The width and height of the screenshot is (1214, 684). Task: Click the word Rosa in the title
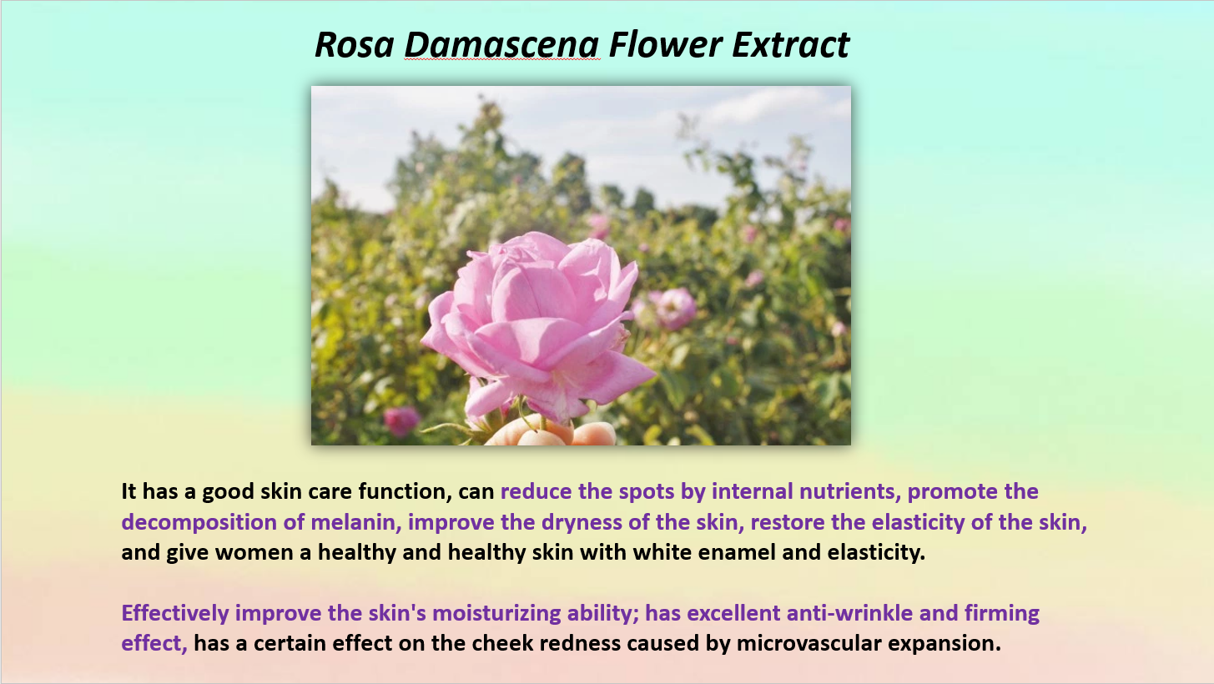pos(355,44)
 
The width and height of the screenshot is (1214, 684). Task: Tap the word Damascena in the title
pos(501,44)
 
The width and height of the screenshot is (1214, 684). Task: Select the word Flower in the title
pos(666,44)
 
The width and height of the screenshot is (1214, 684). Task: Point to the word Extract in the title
pos(791,44)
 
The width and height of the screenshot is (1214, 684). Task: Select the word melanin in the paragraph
pos(355,522)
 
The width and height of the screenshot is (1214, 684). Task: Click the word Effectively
pos(175,614)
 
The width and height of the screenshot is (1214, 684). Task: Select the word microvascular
pos(808,644)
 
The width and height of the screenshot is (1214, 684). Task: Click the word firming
pos(1001,614)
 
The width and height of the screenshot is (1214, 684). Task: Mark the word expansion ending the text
pos(945,645)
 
